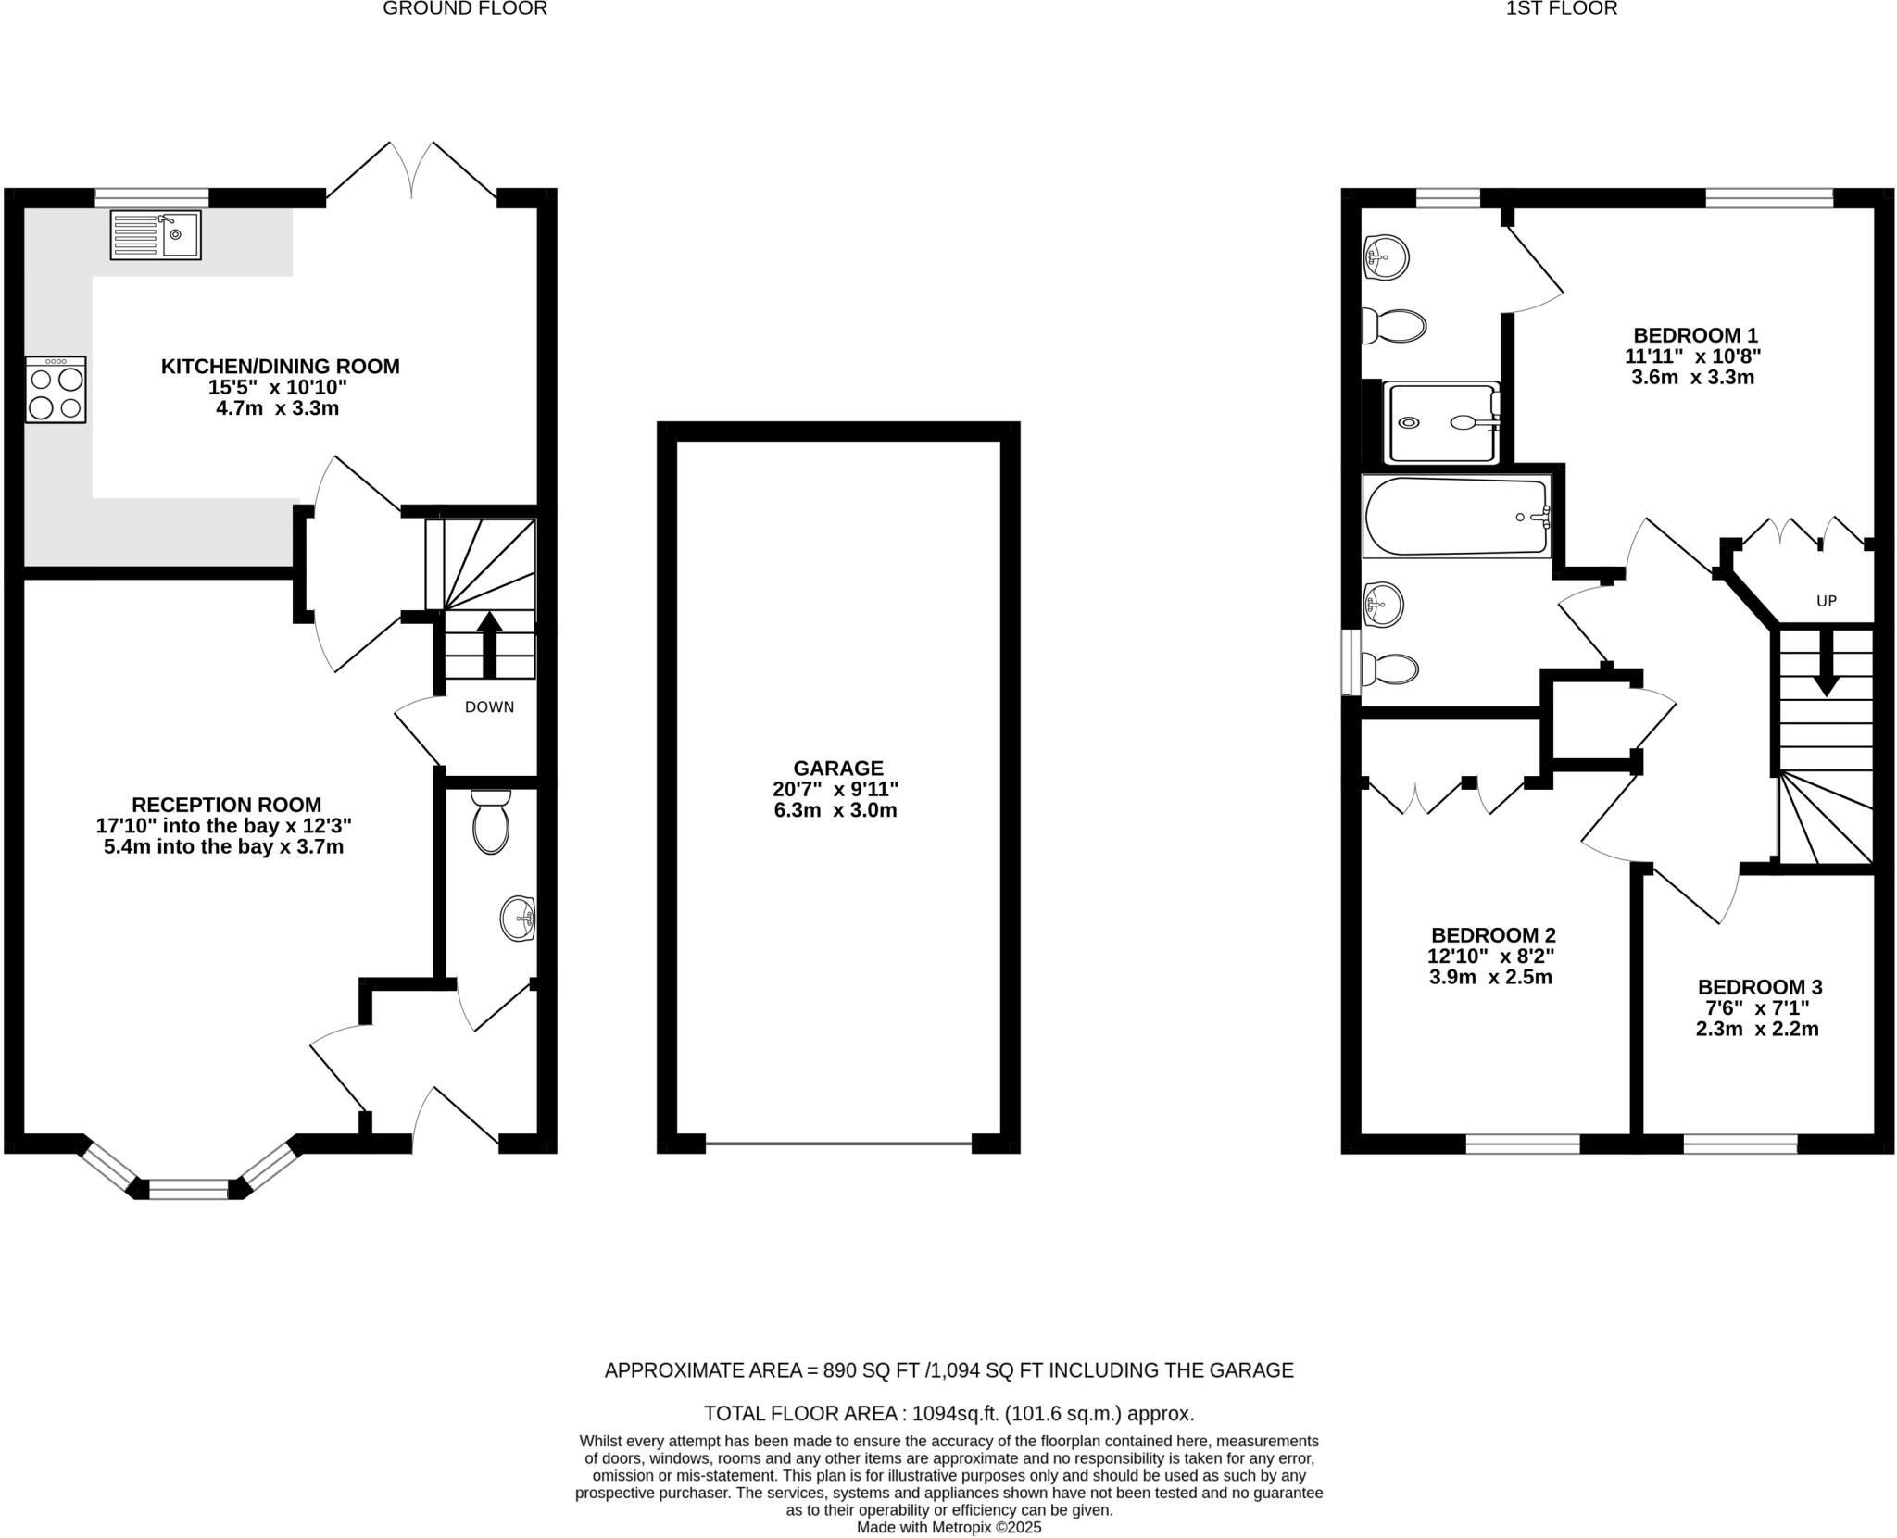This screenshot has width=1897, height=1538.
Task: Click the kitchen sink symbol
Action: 156,235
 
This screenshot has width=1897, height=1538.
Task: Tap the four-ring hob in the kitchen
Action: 57,390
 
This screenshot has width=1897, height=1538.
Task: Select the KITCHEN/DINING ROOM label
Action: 281,367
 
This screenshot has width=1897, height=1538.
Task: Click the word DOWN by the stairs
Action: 489,707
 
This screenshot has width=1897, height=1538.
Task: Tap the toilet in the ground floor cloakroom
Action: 491,821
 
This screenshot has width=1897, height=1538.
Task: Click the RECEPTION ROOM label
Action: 226,805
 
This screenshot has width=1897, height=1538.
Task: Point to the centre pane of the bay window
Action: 189,1189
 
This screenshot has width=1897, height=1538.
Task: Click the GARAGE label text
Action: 838,768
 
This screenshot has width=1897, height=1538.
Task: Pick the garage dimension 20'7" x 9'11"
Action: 836,789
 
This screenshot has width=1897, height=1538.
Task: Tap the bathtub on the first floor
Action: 1456,517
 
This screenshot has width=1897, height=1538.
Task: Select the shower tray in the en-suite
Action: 1441,423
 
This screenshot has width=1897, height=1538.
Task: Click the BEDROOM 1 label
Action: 1695,335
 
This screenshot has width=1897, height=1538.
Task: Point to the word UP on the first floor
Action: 1826,601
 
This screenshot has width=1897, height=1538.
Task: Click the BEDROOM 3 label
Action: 1760,987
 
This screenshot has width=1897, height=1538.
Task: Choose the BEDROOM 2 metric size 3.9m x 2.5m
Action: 1490,977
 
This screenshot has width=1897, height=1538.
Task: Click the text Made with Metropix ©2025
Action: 948,1527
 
